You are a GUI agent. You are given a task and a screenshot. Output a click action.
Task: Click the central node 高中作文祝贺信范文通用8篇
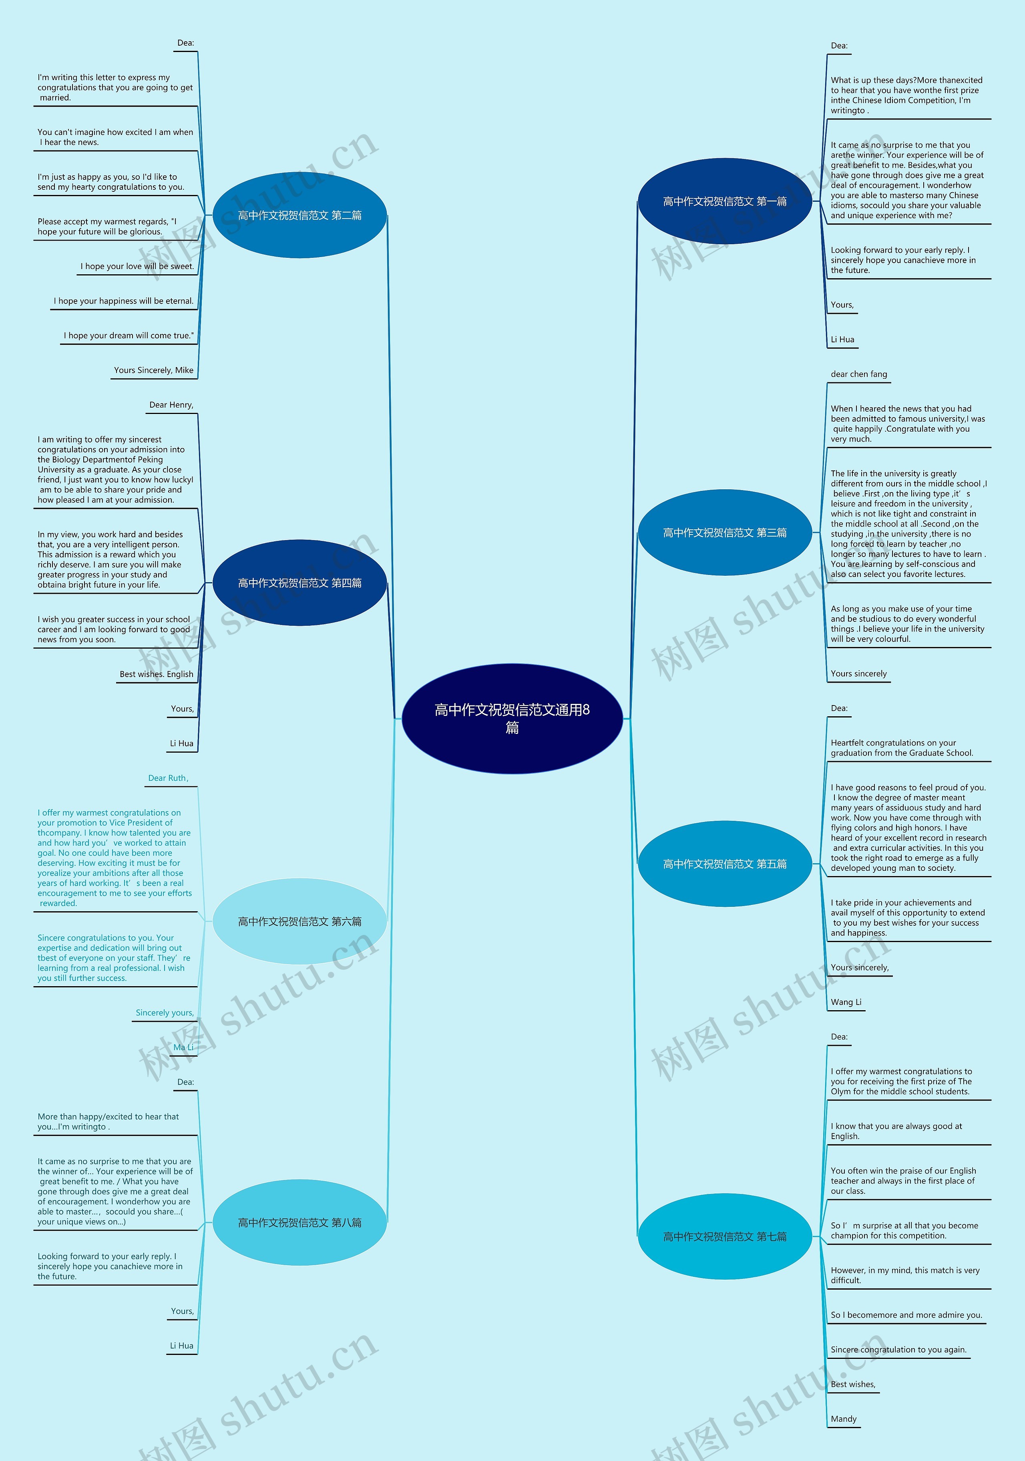pos(512,718)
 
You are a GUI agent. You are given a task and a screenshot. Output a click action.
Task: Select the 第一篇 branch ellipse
pos(725,201)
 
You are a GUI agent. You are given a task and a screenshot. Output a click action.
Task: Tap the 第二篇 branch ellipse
pos(299,215)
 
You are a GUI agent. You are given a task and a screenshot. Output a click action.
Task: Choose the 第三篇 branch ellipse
pos(725,533)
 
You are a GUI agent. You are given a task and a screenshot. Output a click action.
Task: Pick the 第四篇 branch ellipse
pos(299,583)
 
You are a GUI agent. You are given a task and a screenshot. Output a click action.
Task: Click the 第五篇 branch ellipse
pos(725,864)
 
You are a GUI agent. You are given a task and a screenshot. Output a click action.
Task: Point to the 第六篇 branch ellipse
pos(299,921)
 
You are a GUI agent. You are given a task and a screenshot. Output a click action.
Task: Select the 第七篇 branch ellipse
pos(725,1236)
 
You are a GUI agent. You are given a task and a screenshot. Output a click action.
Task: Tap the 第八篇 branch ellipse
pos(299,1222)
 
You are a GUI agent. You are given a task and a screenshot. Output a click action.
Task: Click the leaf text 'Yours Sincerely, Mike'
pos(154,370)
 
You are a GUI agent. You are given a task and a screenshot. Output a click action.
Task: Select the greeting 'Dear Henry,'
pos(171,405)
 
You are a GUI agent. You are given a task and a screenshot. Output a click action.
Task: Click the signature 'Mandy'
pos(844,1419)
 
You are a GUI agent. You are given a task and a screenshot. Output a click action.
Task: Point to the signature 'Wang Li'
pos(846,1002)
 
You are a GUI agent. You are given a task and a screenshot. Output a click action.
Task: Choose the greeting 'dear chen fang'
pos(858,374)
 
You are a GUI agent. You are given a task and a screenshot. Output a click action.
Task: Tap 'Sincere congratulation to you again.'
pos(898,1350)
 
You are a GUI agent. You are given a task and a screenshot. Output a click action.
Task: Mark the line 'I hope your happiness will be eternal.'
pos(123,301)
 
